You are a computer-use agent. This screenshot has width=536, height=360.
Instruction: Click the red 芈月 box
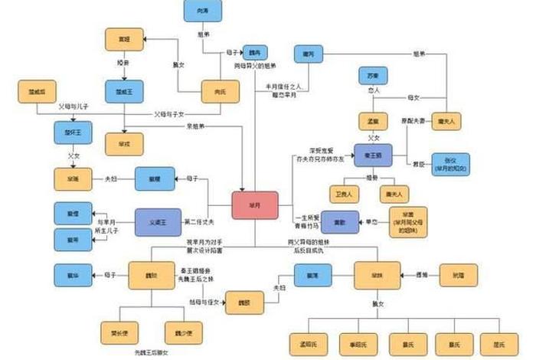pyautogui.click(x=255, y=207)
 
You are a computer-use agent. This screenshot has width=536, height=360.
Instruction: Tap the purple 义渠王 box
pyautogui.click(x=159, y=221)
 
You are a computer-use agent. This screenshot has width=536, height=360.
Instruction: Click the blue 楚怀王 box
pyautogui.click(x=73, y=133)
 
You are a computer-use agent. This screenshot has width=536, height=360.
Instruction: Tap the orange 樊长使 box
pyautogui.click(x=119, y=332)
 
